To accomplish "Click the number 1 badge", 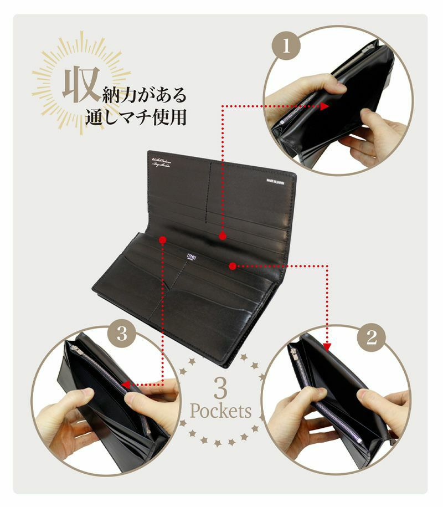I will coord(286,45).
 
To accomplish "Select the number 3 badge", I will coord(123,334).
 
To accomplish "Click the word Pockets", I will coord(220,411).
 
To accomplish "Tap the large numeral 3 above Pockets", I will coord(220,388).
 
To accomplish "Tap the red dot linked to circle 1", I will coord(222,236).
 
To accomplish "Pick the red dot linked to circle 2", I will coord(233,266).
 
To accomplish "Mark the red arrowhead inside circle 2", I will coord(327,347).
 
